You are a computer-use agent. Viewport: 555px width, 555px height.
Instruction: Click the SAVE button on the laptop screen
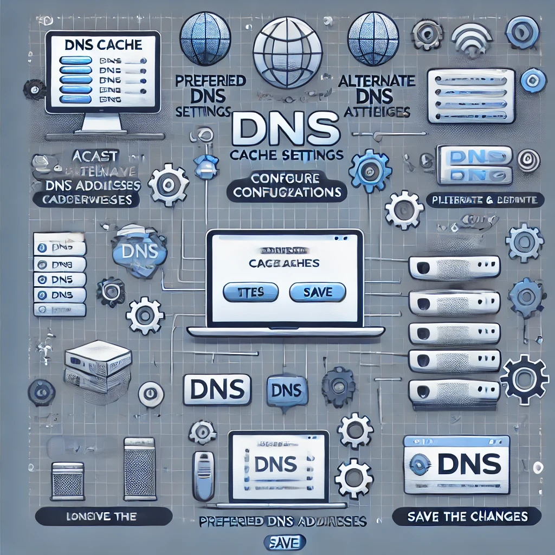click(x=318, y=293)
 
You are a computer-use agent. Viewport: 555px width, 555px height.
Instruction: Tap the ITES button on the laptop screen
click(x=251, y=293)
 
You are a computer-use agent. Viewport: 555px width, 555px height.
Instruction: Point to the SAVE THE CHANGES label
click(x=467, y=516)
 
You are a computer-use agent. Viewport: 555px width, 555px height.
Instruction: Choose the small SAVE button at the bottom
click(x=285, y=541)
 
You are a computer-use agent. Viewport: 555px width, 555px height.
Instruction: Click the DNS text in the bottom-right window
click(x=469, y=464)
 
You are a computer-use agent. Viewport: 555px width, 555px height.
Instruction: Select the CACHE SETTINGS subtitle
click(x=286, y=155)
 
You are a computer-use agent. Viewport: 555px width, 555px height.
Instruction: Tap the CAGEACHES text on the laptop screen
click(x=283, y=263)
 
